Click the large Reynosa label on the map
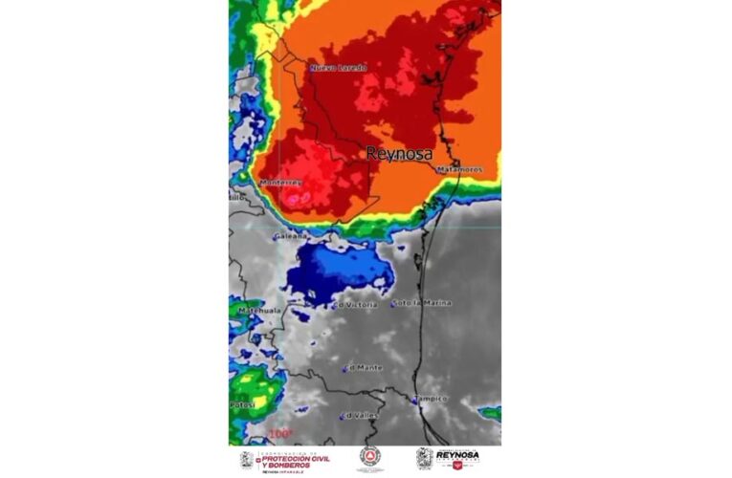399,153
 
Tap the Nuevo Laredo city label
338,68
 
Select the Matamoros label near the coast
459,170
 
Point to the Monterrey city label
281,182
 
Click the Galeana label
290,235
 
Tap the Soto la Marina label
424,303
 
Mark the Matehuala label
255,310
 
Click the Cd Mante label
366,367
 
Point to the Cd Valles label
361,415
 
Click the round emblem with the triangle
370,458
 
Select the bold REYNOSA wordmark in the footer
457,456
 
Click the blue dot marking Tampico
414,402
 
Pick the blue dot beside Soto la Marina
392,305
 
